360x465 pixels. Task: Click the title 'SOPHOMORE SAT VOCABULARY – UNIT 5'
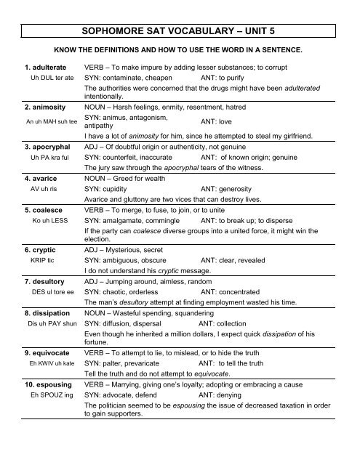180,32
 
